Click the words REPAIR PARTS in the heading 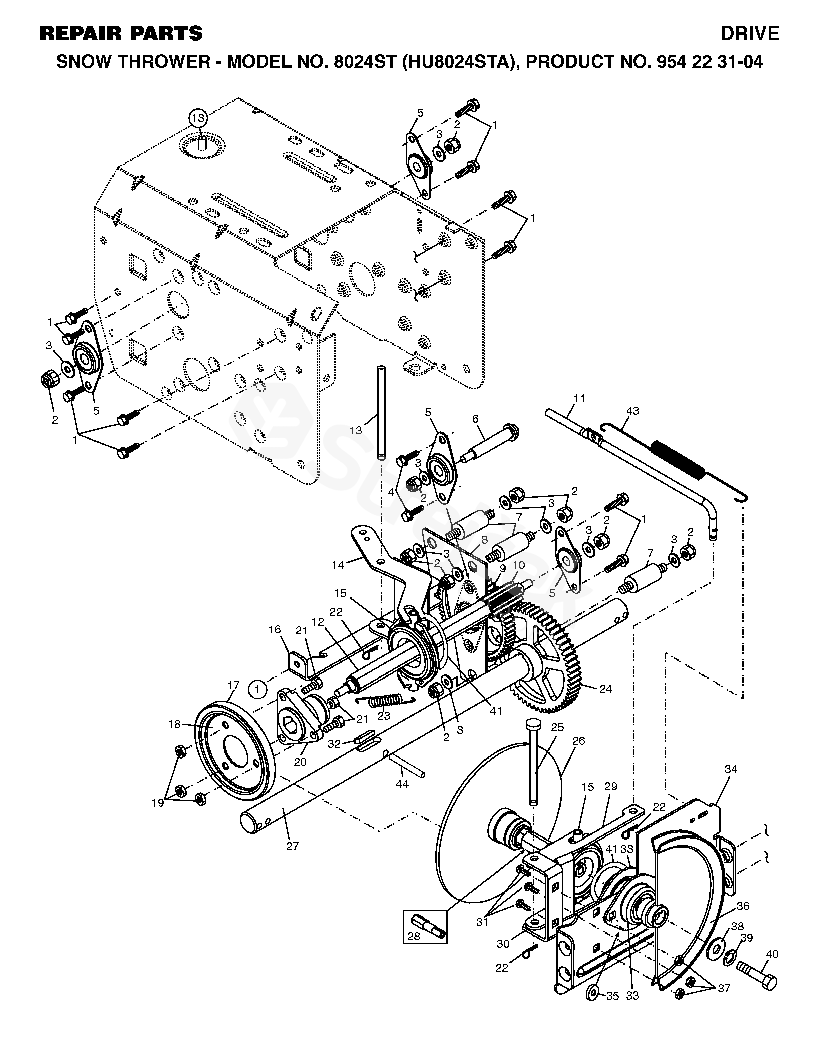tap(121, 34)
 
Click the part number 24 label tap(606, 689)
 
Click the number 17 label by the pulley tap(233, 685)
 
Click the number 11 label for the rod tap(579, 399)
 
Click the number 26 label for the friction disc tap(578, 741)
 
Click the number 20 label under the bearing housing tap(300, 762)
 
